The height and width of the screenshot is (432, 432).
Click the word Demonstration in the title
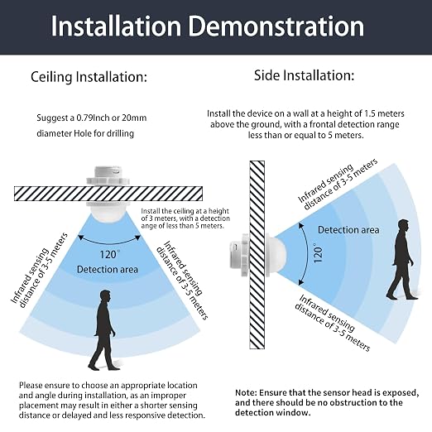tap(276, 26)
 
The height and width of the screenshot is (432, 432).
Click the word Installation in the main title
tap(116, 26)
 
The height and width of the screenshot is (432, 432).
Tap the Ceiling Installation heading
tap(89, 77)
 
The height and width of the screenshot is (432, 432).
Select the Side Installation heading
tap(304, 75)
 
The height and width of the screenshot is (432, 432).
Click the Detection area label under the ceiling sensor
tap(108, 269)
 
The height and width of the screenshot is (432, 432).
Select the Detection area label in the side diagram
tap(348, 230)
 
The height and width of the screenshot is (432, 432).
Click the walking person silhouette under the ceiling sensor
tap(103, 329)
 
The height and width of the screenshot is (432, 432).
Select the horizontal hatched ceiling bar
tap(108, 194)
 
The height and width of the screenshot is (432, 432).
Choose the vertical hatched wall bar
tap(257, 255)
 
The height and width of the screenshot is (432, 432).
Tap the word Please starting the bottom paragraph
tap(31, 386)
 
